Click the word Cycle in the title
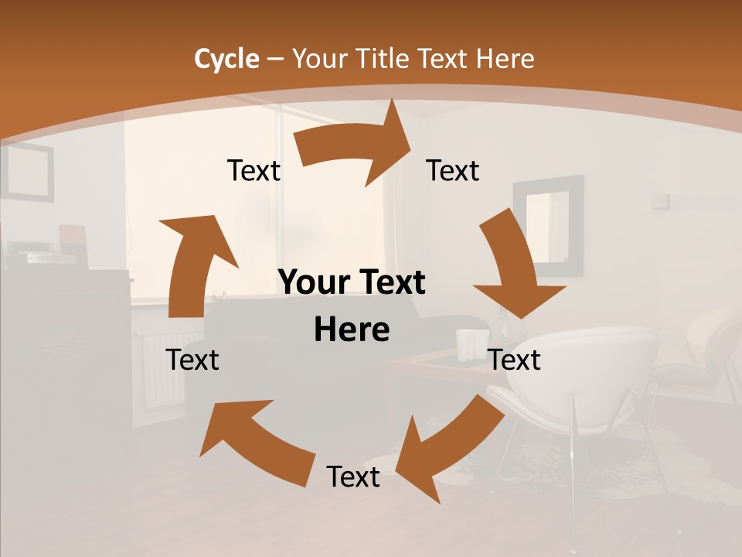pos(226,59)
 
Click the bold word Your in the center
pos(314,282)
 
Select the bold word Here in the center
pos(352,330)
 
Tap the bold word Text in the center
pos(390,282)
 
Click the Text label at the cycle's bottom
pos(353,477)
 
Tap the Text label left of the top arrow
pos(254,170)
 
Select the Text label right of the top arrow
pos(453,170)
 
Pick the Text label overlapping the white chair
pos(515,360)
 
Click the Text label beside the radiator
pos(193,360)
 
